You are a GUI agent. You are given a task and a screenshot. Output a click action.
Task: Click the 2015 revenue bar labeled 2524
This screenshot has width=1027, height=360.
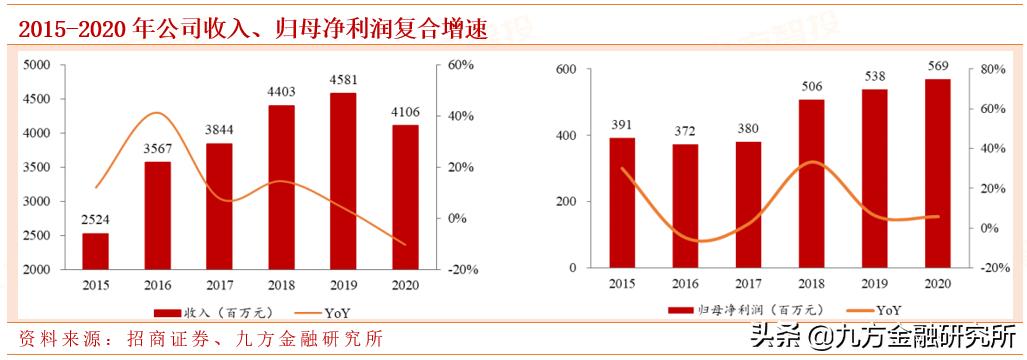click(95, 251)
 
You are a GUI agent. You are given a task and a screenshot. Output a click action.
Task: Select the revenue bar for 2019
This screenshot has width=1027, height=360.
click(343, 181)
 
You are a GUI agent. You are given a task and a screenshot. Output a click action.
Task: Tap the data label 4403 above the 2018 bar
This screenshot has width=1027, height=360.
click(282, 92)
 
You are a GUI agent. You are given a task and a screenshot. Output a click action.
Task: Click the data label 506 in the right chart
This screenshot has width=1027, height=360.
click(811, 86)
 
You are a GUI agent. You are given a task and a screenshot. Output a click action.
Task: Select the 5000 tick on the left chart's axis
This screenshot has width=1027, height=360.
click(36, 65)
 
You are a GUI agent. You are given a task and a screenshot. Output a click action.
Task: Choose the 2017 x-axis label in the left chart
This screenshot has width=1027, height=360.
click(219, 286)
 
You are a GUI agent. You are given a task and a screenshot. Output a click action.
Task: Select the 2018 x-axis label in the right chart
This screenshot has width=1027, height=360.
click(811, 285)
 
